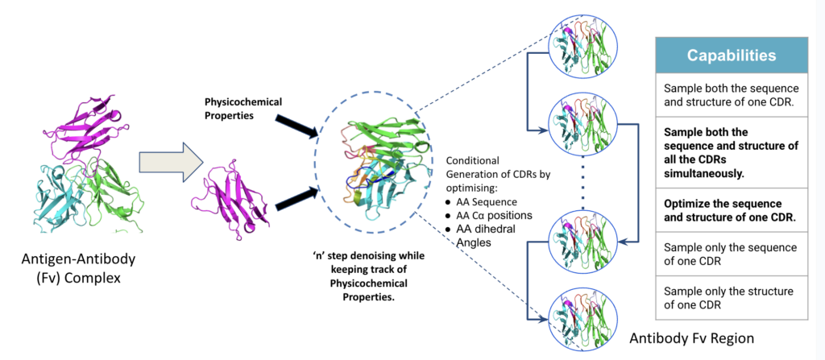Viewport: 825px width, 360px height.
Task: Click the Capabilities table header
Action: click(732, 56)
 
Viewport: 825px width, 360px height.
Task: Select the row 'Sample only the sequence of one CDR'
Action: click(732, 254)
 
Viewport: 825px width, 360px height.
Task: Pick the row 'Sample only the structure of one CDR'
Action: click(732, 297)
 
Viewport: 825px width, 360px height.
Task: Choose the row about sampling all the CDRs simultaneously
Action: click(732, 152)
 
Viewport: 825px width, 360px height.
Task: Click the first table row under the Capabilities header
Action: click(732, 95)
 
